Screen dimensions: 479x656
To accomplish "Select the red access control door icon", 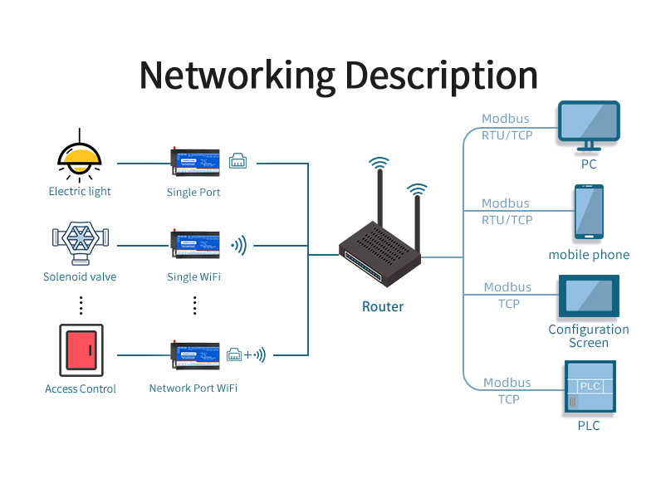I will pos(81,351).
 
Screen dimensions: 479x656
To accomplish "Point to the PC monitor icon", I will pos(589,125).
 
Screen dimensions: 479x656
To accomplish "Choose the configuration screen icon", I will pos(589,296).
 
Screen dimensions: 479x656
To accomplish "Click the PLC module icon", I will pos(589,388).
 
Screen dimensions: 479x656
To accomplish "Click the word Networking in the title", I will pos(237,75).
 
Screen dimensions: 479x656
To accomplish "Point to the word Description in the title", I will pos(442,75).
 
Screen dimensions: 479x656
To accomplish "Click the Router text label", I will pos(383,306).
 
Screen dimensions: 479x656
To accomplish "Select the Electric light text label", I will pos(80,192).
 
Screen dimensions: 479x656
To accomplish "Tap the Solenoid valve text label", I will pos(80,276).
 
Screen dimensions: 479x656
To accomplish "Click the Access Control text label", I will pos(81,389).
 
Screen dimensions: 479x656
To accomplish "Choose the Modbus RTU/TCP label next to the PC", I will pos(507,127).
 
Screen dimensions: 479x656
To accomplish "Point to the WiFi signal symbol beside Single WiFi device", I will pos(238,245).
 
